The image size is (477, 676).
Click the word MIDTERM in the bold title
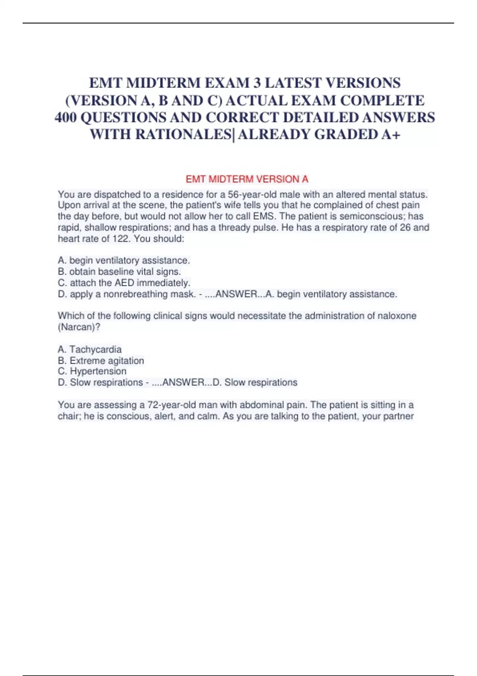163,83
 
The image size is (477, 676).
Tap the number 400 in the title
66,118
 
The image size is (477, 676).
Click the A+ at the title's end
390,135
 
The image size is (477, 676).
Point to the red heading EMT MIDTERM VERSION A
247,179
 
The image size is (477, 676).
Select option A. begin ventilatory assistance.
124,260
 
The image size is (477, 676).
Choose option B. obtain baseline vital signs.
119,272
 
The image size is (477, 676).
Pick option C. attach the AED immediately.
124,283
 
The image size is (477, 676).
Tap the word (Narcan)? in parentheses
79,327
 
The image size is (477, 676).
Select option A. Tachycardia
90,350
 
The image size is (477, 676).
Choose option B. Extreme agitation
101,361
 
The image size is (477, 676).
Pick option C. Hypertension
92,371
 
